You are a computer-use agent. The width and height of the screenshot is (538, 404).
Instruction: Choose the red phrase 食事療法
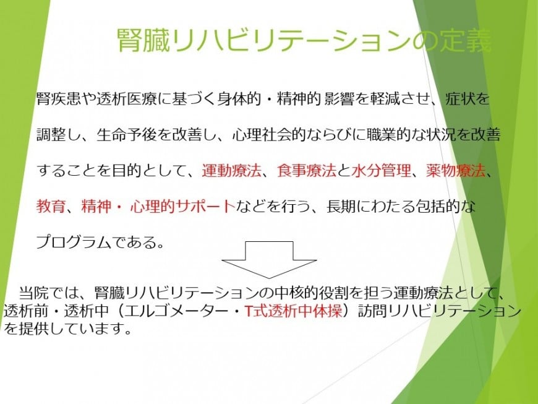click(x=306, y=170)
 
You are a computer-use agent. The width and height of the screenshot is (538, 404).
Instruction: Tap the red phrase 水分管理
click(x=382, y=170)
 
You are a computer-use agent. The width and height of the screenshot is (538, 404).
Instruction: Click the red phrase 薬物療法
click(x=456, y=170)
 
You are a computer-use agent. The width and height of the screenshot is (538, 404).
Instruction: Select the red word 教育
click(x=51, y=206)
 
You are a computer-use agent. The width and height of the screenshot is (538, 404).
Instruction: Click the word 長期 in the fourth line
click(x=341, y=206)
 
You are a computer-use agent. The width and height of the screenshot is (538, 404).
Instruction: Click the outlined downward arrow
click(x=270, y=260)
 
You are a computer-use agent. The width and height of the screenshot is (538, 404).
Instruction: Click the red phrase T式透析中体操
click(x=294, y=311)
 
